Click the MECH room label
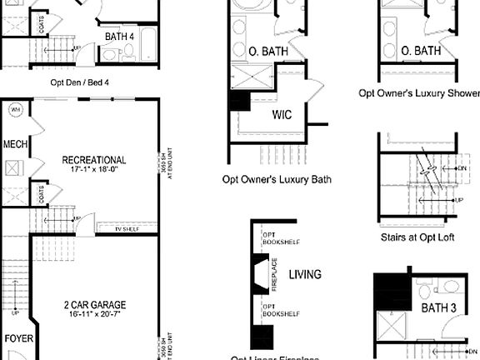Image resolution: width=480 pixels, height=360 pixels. [x=15, y=144]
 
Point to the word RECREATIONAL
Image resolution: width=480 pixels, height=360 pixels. [x=94, y=160]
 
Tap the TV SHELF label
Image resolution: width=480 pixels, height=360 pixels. [x=128, y=227]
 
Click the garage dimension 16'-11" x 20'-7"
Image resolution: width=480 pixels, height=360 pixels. [x=94, y=316]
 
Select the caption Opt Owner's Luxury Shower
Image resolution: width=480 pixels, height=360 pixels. [x=420, y=93]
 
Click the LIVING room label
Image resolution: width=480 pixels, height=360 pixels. [x=305, y=274]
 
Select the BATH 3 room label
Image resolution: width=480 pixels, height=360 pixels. [x=439, y=308]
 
